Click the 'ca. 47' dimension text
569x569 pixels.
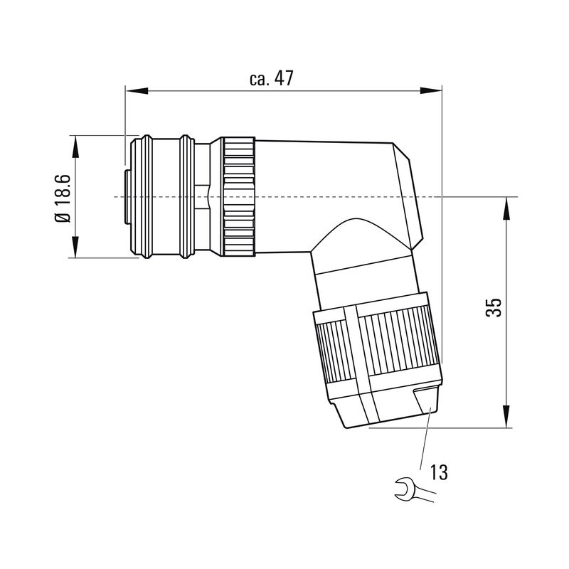tap(271, 79)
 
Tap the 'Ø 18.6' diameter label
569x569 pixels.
tap(63, 197)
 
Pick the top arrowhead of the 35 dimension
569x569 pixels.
tap(507, 207)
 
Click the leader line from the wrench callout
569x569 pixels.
tap(425, 441)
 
